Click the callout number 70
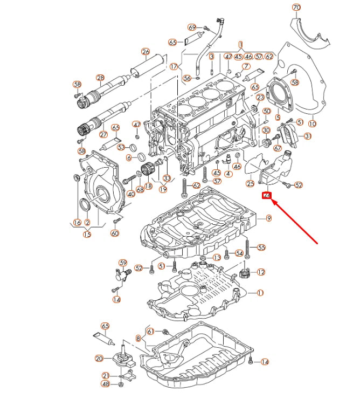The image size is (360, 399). coord(296,8)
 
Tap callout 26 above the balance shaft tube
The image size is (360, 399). coord(145,52)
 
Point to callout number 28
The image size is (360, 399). coord(100,78)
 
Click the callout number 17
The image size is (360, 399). coord(174,67)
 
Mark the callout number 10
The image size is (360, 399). coord(312,123)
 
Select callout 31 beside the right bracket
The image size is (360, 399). coord(307,136)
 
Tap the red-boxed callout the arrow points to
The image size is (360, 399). coord(267,196)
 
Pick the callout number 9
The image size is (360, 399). coord(268,218)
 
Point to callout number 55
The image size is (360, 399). coord(261,247)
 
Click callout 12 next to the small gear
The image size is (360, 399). coord(261,272)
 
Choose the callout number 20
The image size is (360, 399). coord(99,358)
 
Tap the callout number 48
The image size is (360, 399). coord(106,384)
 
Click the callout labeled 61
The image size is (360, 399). coord(151,331)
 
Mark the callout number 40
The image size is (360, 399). coord(130,194)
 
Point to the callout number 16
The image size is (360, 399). coord(77,222)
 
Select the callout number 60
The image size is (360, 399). coord(114,233)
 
